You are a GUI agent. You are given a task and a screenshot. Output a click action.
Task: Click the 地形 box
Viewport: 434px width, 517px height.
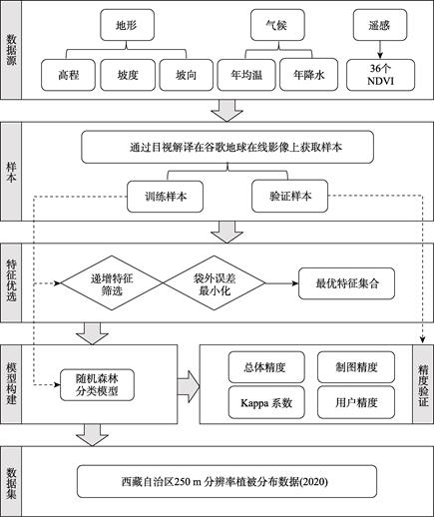(x=128, y=25)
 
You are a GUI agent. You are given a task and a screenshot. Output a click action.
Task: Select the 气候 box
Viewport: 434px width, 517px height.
(x=277, y=25)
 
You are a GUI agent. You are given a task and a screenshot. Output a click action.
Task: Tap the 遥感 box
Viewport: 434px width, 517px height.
(x=380, y=25)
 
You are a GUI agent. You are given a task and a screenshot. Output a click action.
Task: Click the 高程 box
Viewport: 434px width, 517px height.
(x=68, y=75)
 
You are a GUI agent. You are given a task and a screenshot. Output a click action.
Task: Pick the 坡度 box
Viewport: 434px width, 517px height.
(x=128, y=75)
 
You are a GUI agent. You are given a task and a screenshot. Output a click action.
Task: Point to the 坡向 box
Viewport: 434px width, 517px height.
(x=187, y=75)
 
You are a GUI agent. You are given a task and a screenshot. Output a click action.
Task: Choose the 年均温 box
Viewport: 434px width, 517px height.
(x=246, y=75)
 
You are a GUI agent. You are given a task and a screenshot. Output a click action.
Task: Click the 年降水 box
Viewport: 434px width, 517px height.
(x=309, y=75)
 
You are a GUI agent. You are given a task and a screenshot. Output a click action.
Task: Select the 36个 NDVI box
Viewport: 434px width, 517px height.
(x=380, y=75)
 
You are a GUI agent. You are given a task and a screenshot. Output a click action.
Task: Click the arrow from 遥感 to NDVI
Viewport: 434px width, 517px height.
(x=380, y=50)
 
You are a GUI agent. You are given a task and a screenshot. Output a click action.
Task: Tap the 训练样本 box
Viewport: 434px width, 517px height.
(x=166, y=197)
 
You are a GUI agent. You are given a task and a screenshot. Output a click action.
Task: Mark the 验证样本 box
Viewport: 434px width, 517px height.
(x=290, y=196)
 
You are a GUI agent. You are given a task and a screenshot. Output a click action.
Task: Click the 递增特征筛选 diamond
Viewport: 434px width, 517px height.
(x=112, y=283)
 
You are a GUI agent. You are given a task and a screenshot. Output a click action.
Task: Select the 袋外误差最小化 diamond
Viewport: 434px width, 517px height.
(x=215, y=283)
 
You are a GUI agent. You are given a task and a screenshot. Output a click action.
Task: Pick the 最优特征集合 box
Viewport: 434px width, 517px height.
(x=347, y=283)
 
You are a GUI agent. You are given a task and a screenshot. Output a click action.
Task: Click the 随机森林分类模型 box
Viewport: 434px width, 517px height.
(x=97, y=384)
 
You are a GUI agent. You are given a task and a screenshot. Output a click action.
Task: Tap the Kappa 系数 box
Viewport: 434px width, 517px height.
(x=266, y=402)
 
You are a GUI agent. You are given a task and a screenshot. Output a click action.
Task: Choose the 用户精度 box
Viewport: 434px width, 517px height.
(x=356, y=402)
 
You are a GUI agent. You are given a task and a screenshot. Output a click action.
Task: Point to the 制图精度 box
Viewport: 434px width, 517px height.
(x=356, y=367)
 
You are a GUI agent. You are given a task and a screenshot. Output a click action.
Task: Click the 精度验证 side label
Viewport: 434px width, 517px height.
(x=423, y=384)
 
